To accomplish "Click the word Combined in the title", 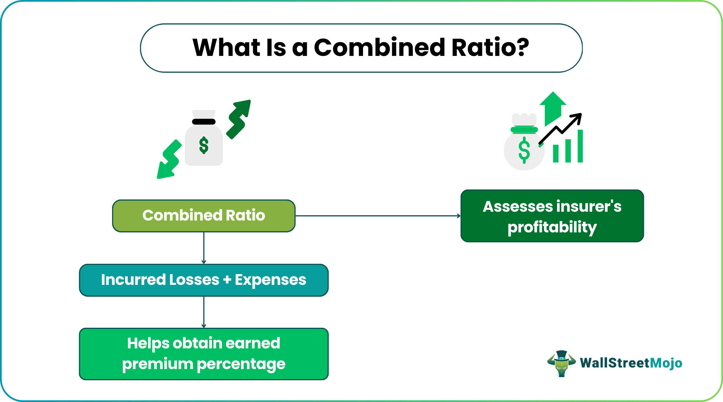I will click(379, 48).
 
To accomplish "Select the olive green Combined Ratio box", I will click(204, 216).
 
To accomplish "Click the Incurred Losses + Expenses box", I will click(204, 280).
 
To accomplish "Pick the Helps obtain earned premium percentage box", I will click(204, 354).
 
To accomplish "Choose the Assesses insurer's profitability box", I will click(552, 216).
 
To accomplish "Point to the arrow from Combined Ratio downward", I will click(204, 248).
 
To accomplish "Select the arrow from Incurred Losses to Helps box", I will click(204, 312).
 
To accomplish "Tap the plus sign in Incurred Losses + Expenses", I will click(227, 280).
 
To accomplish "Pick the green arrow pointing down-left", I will click(169, 160).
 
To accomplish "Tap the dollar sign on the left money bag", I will click(204, 145).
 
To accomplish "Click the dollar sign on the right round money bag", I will click(524, 150).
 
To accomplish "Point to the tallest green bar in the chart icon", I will click(580, 146).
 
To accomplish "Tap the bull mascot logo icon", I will click(562, 363).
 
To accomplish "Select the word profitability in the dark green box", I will click(552, 227).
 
